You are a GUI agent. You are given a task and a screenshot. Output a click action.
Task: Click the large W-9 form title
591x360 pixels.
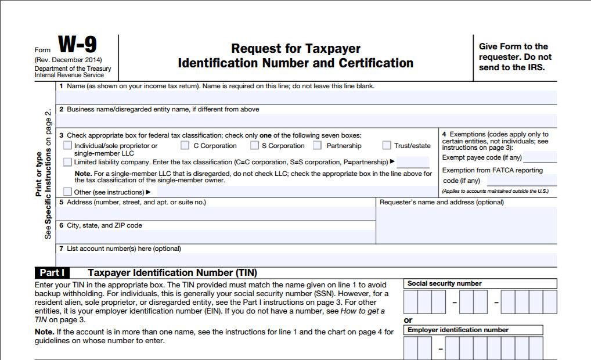point(78,45)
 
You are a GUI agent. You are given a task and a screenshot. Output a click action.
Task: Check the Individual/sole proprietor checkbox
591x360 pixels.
point(68,146)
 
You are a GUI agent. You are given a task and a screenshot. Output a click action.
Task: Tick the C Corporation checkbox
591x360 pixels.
point(185,146)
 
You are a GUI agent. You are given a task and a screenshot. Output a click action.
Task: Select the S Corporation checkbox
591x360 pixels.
point(255,146)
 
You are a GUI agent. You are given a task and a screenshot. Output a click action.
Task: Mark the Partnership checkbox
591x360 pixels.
point(318,146)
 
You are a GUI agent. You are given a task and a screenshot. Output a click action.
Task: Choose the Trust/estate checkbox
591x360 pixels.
point(387,146)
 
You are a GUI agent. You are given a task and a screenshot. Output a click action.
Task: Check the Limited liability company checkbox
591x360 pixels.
point(68,162)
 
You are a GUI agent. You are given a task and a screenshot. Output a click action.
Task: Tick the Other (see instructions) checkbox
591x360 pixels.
point(68,192)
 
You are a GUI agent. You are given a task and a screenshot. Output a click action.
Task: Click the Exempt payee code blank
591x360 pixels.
point(539,157)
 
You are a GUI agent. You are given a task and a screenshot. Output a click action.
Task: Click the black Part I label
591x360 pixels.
point(52,272)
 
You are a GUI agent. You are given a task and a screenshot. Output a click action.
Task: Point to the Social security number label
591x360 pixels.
point(445,283)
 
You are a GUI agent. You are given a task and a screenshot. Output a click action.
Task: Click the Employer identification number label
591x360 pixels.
point(457,330)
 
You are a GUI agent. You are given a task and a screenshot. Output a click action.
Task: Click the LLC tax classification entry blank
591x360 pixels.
point(413,162)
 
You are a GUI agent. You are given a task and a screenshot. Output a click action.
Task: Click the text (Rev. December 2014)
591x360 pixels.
point(68,60)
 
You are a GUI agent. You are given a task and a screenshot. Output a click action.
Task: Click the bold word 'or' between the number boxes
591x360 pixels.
point(408,320)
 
